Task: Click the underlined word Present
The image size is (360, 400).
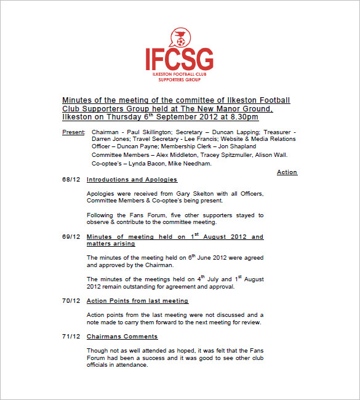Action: [x=73, y=132]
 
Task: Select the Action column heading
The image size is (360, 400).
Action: [x=287, y=172]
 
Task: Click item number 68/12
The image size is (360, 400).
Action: [x=71, y=180]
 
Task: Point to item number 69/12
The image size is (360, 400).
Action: [x=71, y=237]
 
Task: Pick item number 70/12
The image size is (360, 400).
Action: [x=71, y=301]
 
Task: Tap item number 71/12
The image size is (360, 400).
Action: [x=71, y=337]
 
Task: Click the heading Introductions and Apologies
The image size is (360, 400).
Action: [x=132, y=180]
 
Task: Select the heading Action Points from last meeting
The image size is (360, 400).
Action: [x=137, y=301]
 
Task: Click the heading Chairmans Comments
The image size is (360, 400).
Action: [x=122, y=337]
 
